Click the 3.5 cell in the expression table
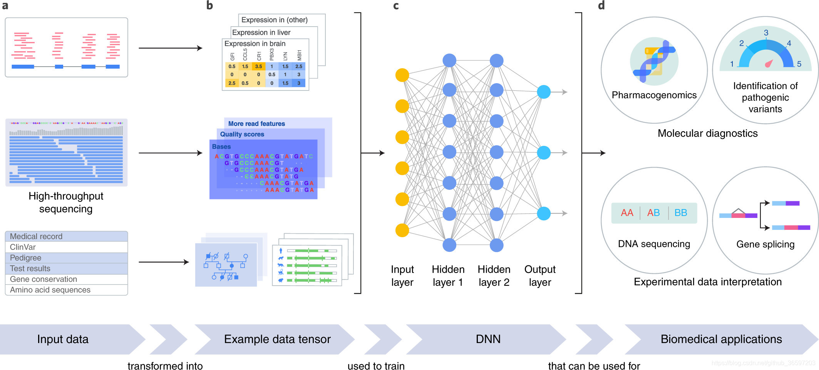point(258,67)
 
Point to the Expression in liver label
point(261,33)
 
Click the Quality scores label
point(242,134)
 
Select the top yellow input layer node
point(402,75)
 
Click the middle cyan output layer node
point(543,153)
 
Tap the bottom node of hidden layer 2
point(496,245)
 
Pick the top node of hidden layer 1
point(449,60)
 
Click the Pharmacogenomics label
point(654,95)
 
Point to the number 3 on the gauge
point(766,33)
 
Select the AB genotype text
point(653,213)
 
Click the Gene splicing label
point(765,244)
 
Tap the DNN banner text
point(488,339)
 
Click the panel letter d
point(601,5)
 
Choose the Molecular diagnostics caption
point(707,133)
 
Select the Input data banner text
point(63,339)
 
